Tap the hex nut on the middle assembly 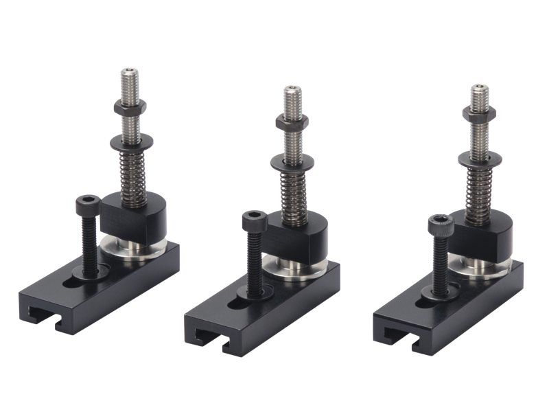click(292, 122)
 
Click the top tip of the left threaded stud click(129, 71)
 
